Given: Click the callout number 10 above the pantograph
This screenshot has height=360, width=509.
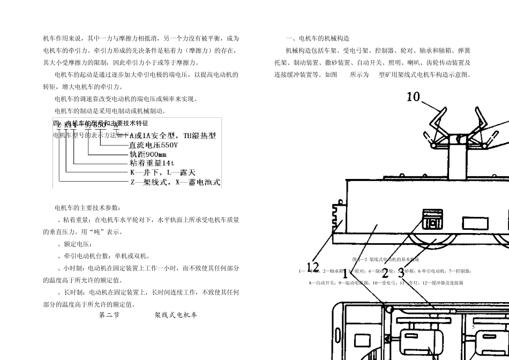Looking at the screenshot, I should (413, 97).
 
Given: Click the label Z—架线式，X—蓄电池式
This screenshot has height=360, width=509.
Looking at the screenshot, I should (175, 182).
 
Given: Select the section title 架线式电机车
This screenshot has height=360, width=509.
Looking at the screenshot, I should (176, 315).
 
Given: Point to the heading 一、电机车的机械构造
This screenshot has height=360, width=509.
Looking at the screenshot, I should (318, 39).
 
